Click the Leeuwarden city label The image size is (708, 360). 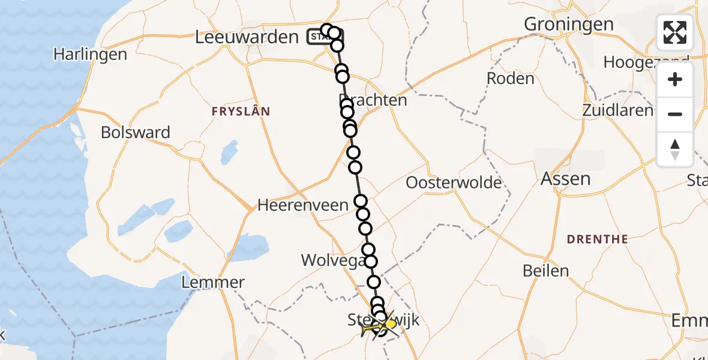247,37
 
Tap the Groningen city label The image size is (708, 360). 569,24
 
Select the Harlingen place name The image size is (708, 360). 90,55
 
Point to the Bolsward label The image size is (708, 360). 136,132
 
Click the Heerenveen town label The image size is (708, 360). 302,205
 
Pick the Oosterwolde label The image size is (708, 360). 454,182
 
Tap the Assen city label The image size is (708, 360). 565,178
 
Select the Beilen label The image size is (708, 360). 545,271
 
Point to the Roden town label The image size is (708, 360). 510,79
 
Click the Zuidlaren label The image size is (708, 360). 617,110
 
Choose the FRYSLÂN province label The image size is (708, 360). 241,112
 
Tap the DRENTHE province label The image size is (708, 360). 598,239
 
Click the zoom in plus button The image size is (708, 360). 675,79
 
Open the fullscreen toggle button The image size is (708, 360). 675,32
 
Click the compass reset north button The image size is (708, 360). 675,149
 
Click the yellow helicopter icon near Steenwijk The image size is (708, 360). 390,324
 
